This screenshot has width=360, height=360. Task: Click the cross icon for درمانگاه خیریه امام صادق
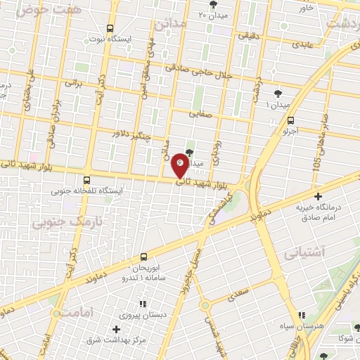(319, 196)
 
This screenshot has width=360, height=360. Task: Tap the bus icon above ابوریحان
(143, 257)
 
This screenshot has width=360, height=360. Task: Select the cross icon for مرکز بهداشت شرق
(117, 329)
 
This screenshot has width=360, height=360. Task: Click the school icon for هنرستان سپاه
(302, 316)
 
